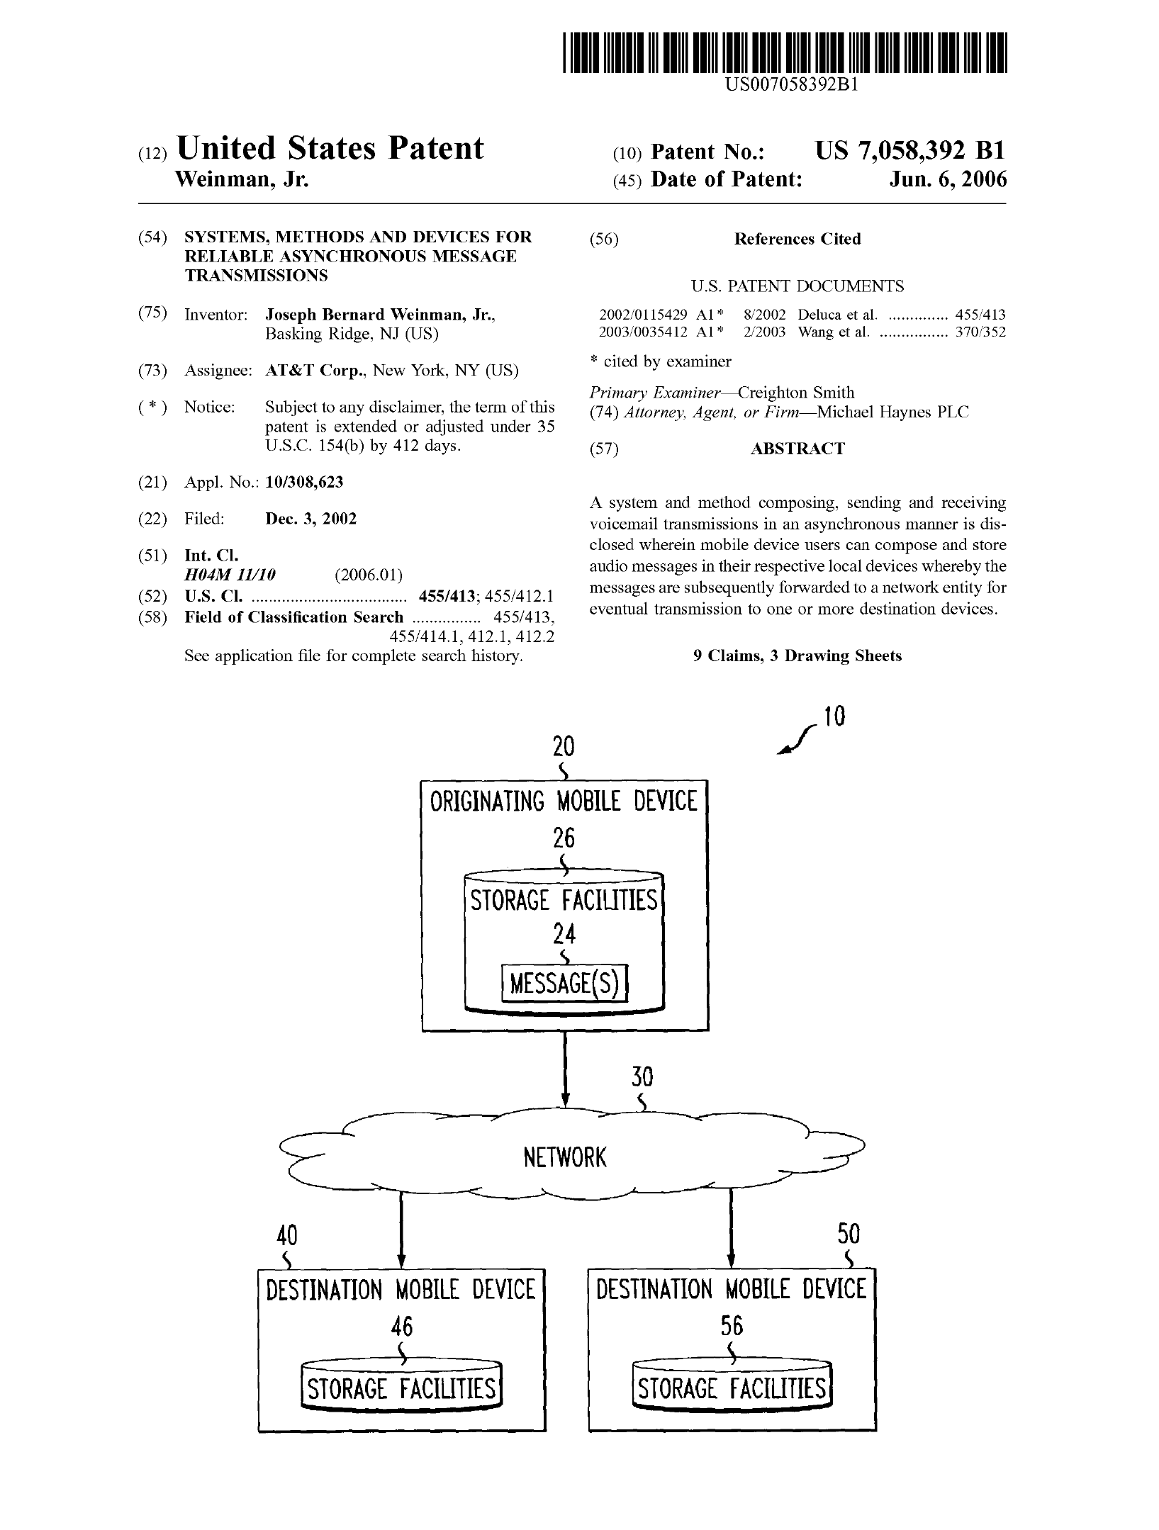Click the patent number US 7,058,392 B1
tap(909, 151)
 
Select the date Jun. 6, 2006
tap(948, 179)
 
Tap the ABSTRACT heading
tap(797, 449)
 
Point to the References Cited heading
tap(797, 240)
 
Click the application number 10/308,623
tap(304, 483)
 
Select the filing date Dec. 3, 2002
tap(310, 519)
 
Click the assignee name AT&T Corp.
tap(315, 371)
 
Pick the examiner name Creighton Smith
tap(796, 393)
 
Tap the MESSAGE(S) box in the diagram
tap(564, 984)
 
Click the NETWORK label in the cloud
tap(565, 1158)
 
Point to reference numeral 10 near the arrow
tap(835, 717)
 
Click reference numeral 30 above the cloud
tap(642, 1078)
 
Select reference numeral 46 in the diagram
tap(402, 1326)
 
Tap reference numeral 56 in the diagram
tap(732, 1326)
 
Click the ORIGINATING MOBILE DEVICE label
tap(564, 801)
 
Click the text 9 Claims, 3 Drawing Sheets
tap(797, 656)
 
